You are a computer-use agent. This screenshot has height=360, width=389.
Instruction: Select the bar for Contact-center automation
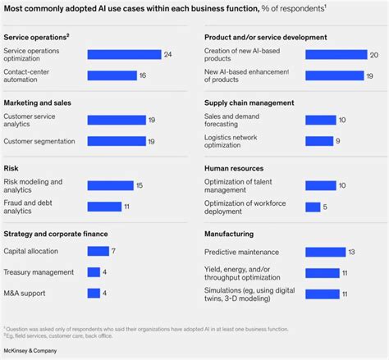click(112, 75)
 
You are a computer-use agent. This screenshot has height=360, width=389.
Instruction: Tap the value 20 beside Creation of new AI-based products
click(373, 54)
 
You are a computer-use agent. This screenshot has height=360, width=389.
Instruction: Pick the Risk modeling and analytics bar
click(109, 185)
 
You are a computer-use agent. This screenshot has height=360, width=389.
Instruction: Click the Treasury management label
click(39, 271)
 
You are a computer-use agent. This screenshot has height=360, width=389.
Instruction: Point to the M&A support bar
click(93, 293)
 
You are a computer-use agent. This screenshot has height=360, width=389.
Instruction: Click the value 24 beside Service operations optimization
click(167, 54)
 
